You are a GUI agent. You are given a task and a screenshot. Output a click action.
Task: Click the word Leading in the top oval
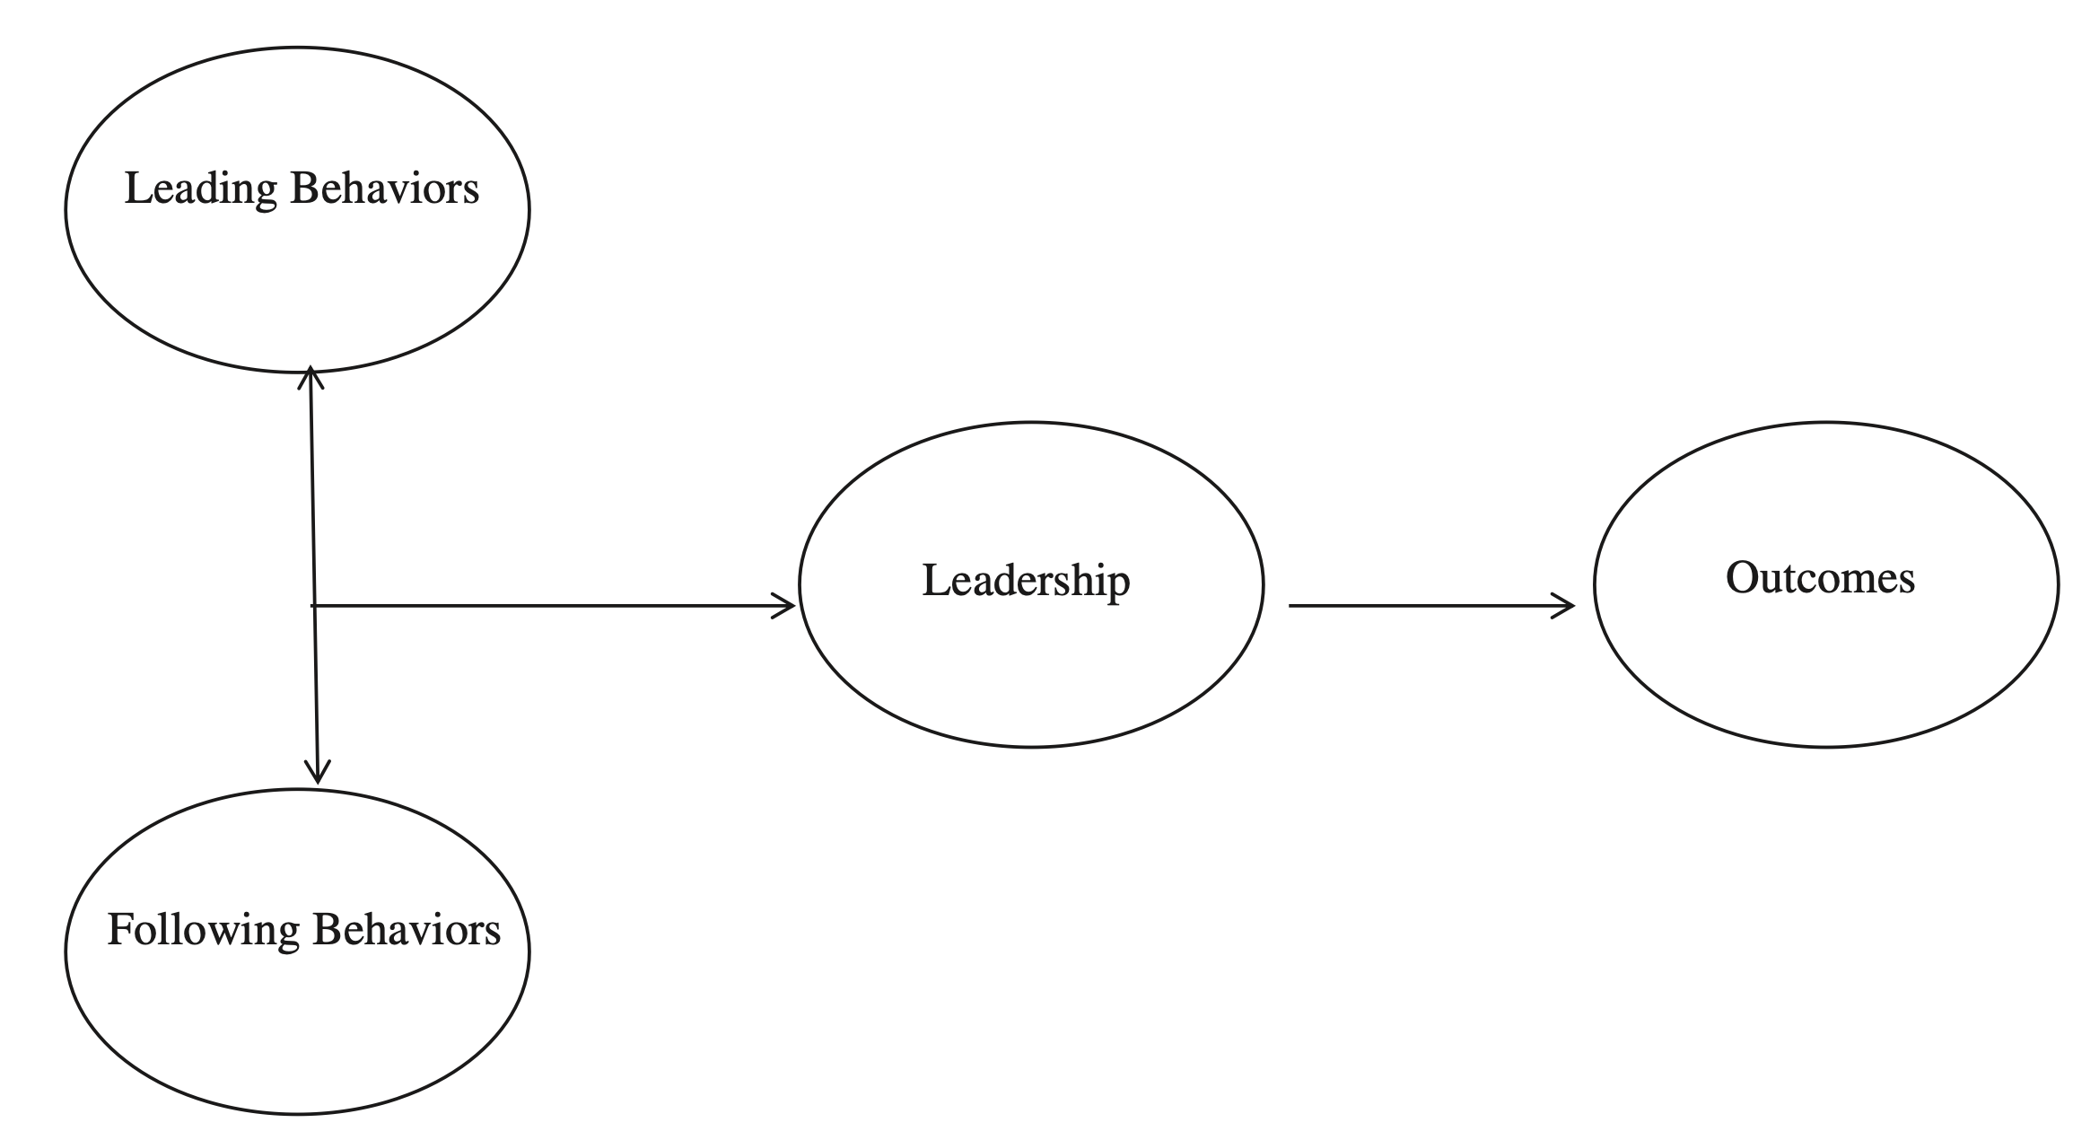(200, 189)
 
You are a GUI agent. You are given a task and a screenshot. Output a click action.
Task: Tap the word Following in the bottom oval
(203, 930)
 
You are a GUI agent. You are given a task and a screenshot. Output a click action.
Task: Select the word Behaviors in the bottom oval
(407, 929)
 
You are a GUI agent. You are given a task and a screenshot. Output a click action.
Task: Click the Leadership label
(1026, 580)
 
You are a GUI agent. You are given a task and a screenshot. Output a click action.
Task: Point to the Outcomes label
(1820, 577)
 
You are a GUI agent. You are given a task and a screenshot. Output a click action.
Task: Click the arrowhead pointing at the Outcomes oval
(1567, 606)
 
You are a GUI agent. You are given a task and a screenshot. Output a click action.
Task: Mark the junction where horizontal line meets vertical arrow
(314, 606)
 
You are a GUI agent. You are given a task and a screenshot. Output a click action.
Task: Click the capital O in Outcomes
(1741, 577)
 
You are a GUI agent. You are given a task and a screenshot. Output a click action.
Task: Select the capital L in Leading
(136, 189)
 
